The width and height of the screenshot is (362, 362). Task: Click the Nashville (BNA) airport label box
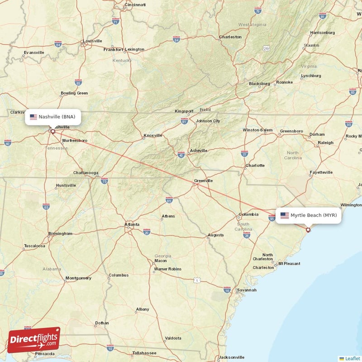(53, 117)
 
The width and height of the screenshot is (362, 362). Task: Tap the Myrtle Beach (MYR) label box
(308, 215)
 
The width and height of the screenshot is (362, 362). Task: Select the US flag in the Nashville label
(33, 117)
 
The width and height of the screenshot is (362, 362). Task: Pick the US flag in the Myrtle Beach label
(284, 215)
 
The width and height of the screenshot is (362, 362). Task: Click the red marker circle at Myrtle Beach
(308, 230)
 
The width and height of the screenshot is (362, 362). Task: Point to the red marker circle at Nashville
(52, 132)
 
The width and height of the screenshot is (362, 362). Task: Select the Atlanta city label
(132, 224)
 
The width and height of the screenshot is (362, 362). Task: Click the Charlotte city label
(255, 166)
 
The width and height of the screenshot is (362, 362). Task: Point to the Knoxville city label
(152, 135)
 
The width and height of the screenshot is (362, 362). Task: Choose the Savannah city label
(247, 290)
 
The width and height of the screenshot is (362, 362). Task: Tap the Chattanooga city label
(86, 173)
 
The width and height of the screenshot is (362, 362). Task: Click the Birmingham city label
(60, 233)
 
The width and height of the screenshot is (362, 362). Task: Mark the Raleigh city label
(325, 143)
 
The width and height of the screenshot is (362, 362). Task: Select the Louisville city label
(92, 41)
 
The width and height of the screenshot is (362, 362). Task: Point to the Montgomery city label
(78, 278)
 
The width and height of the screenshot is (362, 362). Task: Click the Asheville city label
(199, 151)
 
